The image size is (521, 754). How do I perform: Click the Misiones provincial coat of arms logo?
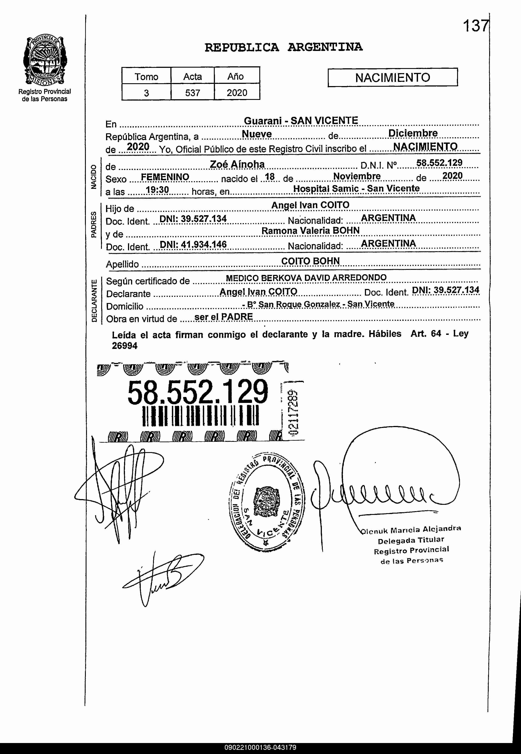45,61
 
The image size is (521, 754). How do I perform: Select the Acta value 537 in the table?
192,93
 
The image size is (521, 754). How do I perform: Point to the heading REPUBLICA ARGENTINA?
283,47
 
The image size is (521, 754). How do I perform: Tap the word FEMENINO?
165,177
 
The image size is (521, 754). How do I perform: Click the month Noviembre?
357,176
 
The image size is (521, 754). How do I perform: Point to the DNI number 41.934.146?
193,244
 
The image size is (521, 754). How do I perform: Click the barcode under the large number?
200,415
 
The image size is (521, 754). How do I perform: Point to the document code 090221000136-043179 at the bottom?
260,747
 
